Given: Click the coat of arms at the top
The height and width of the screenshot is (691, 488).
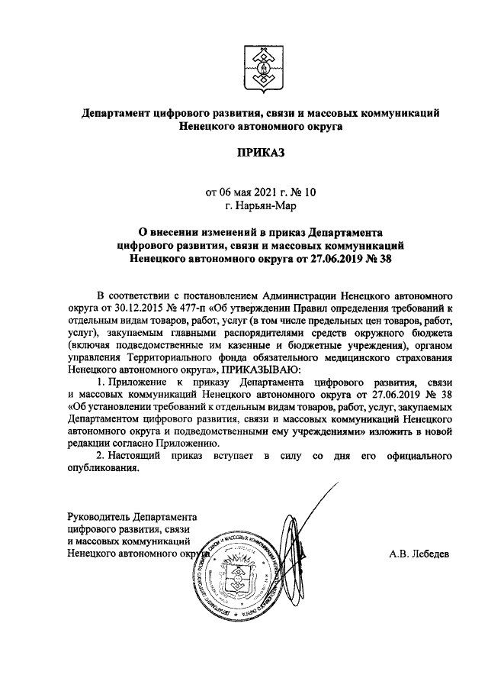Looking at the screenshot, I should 259,67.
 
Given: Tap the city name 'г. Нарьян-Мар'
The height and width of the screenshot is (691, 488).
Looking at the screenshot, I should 259,205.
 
